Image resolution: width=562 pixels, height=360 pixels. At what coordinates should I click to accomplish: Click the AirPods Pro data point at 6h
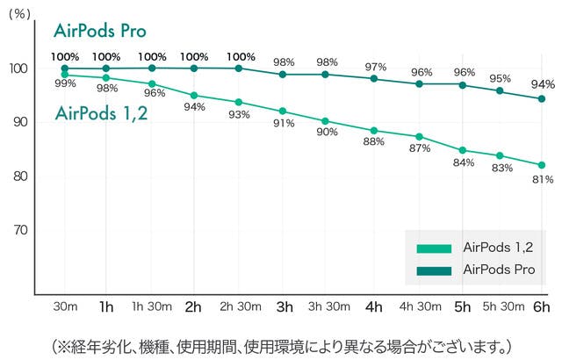pos(541,98)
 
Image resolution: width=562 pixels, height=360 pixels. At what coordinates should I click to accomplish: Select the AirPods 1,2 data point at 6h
pos(541,165)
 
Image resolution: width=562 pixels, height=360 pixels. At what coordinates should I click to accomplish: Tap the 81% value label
pos(543,180)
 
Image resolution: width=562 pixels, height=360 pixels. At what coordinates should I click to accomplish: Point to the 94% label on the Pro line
pos(543,84)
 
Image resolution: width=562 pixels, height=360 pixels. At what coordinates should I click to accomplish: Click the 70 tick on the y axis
pos(18,230)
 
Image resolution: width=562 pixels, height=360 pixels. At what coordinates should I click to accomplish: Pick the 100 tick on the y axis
pos(16,68)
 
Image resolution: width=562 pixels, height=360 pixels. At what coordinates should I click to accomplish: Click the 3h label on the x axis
pos(284,307)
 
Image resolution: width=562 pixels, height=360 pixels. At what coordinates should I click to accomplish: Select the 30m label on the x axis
pos(63,307)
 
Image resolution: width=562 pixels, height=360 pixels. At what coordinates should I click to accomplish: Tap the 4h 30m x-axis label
pos(419,307)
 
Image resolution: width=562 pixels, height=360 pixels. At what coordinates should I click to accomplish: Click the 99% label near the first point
pos(64,83)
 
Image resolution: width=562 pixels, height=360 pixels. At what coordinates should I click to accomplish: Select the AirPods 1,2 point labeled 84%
pos(464,150)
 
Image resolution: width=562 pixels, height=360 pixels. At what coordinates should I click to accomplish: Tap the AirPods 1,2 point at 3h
pos(283,112)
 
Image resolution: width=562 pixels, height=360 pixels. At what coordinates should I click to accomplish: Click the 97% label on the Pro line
pos(376,67)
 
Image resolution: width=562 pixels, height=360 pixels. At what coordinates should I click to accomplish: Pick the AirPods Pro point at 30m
pos(64,68)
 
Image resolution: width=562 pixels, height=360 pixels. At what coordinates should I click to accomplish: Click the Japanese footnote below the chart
pos(281,342)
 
